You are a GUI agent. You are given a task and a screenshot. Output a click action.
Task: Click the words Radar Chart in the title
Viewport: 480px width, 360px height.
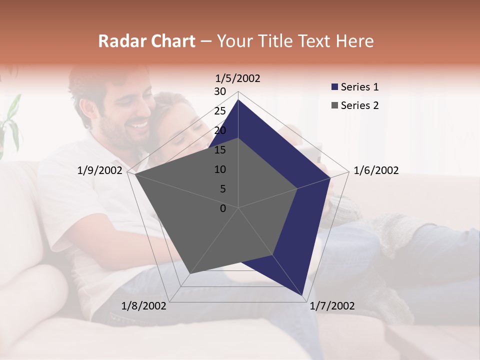click(x=146, y=41)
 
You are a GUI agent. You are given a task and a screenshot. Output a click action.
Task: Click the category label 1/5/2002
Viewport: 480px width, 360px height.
click(x=238, y=78)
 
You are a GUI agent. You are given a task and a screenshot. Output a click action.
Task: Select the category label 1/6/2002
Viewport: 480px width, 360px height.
click(x=376, y=170)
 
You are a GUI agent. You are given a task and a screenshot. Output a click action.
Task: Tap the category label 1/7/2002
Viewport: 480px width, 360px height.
click(x=332, y=306)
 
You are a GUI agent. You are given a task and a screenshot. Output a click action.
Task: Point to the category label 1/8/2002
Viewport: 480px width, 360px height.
click(x=144, y=306)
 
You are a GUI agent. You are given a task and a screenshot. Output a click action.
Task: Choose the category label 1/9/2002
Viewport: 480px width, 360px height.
click(x=100, y=170)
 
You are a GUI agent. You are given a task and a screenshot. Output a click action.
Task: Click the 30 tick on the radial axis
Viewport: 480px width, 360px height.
click(x=220, y=91)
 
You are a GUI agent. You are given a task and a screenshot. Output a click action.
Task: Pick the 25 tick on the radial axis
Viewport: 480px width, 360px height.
click(x=220, y=111)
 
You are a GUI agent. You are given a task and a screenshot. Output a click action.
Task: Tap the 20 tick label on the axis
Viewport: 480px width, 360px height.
click(x=220, y=130)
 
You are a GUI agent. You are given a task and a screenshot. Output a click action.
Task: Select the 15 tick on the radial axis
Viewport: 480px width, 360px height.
click(x=220, y=150)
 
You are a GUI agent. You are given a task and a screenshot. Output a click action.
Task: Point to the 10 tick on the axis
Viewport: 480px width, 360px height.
click(x=220, y=169)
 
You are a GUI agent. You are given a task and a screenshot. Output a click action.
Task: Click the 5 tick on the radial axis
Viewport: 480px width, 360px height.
click(x=222, y=189)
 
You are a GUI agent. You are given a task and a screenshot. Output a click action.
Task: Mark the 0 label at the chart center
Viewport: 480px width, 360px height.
click(x=223, y=208)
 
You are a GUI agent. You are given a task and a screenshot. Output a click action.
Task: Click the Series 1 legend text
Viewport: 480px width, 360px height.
click(x=359, y=87)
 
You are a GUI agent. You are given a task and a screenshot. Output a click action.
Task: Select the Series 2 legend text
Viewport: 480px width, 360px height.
click(x=359, y=105)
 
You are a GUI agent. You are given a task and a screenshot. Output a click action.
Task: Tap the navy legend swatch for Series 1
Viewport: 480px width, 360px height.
click(x=335, y=87)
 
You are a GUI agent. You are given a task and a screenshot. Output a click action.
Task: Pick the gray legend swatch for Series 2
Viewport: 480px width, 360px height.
click(x=335, y=105)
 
